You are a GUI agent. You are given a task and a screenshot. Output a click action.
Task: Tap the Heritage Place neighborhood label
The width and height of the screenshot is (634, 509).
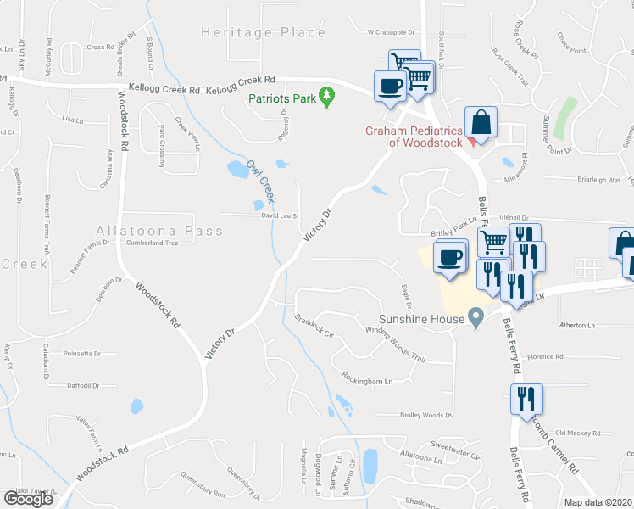pyautogui.click(x=263, y=32)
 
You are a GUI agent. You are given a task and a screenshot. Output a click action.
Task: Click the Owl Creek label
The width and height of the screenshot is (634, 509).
pyautogui.click(x=260, y=181)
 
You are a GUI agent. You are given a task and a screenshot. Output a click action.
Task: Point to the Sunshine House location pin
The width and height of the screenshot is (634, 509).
pyautogui.click(x=476, y=319)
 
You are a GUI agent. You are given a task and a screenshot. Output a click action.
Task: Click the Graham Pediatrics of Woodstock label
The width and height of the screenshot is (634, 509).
pyautogui.click(x=414, y=137)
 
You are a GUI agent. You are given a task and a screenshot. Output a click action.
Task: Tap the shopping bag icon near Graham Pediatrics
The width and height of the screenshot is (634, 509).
pyautogui.click(x=481, y=122)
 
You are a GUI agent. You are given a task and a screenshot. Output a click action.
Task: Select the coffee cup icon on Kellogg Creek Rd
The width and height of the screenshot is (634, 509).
pyautogui.click(x=390, y=86)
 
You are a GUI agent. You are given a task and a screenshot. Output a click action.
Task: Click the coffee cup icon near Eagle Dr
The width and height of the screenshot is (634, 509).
pyautogui.click(x=449, y=257)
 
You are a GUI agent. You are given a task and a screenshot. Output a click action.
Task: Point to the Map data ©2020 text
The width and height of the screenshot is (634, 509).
pyautogui.click(x=598, y=502)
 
